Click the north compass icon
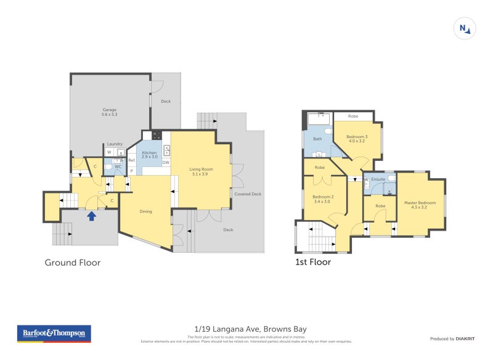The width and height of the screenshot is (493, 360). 464,28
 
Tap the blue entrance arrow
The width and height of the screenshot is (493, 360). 92,216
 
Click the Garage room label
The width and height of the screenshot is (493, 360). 109,112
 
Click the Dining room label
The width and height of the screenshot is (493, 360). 145,211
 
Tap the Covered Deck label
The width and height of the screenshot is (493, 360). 248,194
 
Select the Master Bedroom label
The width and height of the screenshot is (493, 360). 419,205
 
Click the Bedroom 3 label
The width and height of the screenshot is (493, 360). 356,139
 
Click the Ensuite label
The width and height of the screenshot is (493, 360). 378,179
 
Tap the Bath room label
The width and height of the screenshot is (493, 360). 317,139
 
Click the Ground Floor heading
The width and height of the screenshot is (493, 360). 72,263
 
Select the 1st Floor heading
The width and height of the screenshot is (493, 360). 312,262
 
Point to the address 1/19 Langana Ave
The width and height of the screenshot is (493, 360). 246,329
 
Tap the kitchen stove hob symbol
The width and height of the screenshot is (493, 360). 157,136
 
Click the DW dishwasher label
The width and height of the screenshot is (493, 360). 166,162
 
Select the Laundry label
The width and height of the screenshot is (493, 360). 115,144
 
